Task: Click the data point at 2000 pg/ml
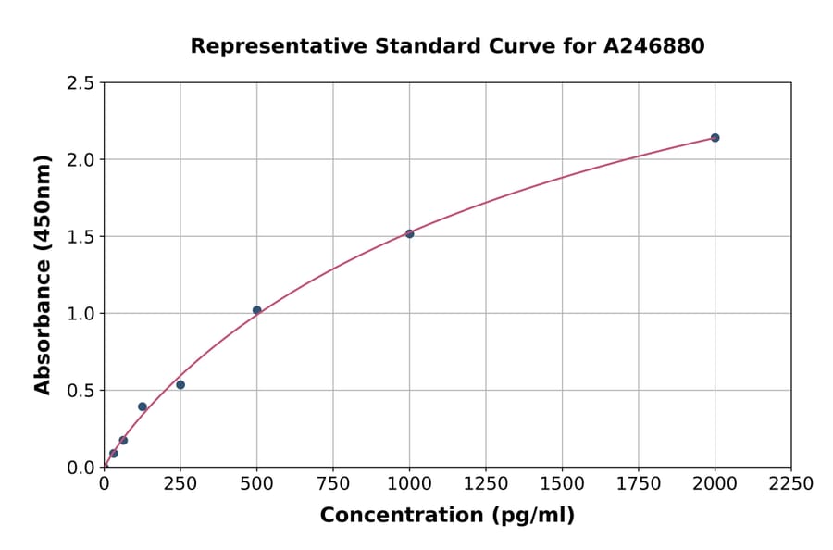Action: (x=715, y=138)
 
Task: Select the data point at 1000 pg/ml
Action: (x=409, y=233)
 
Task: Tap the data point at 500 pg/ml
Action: (x=256, y=310)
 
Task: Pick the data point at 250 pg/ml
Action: (x=180, y=385)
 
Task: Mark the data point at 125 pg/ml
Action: (x=143, y=406)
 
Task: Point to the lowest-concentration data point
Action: (x=114, y=454)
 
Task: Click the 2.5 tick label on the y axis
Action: (x=81, y=83)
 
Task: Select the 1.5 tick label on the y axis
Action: (x=81, y=237)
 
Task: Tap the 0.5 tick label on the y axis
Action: (x=81, y=391)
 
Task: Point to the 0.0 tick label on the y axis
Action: (x=81, y=468)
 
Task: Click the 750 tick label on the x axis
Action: (x=333, y=484)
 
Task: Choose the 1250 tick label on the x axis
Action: (x=486, y=484)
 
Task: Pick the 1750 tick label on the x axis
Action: (x=639, y=484)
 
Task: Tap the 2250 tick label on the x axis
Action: (x=791, y=484)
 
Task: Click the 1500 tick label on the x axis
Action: (x=562, y=484)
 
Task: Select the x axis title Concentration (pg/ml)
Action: (x=447, y=516)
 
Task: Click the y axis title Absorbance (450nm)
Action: (x=43, y=275)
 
